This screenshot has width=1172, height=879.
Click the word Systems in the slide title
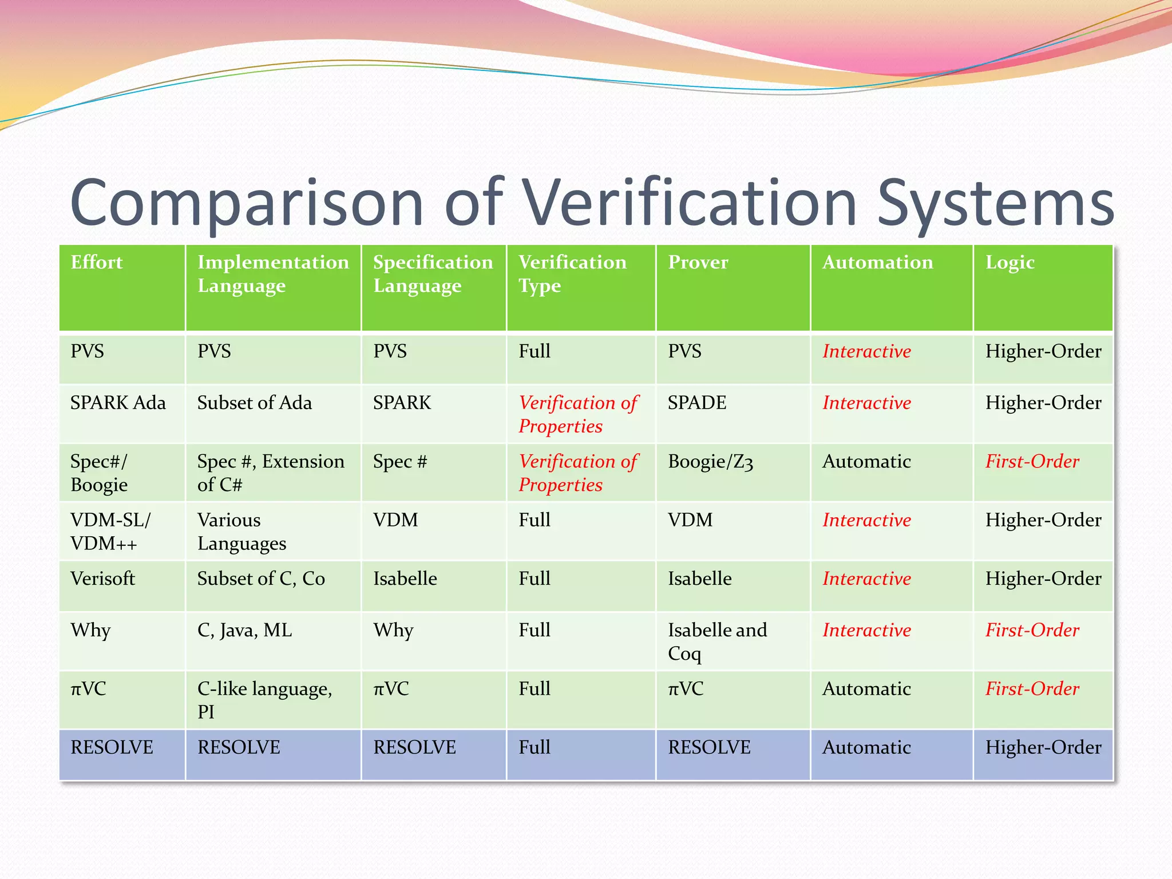click(x=995, y=203)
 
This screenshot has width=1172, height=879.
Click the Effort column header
click(x=96, y=262)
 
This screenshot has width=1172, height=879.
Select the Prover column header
click(x=698, y=262)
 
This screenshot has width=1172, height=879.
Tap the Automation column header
click(x=877, y=262)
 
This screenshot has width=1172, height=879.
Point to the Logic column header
click(x=1009, y=263)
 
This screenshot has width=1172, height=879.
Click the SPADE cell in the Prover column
click(x=696, y=403)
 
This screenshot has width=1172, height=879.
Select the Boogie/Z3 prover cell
click(x=710, y=462)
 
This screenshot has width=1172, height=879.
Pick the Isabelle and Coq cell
click(x=717, y=642)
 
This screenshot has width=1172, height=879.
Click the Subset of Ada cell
click(x=254, y=403)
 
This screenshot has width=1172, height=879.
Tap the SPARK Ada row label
click(x=118, y=403)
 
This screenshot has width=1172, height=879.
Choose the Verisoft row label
click(x=102, y=579)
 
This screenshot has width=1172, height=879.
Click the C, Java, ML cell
click(x=244, y=630)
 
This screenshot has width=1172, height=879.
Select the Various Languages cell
click(x=241, y=532)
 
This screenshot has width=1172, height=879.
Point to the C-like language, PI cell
click(x=264, y=700)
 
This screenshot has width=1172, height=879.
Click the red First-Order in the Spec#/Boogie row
click(x=1032, y=461)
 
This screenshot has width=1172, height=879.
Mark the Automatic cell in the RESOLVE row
click(x=866, y=747)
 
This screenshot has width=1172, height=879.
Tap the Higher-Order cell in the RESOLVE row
click(x=1043, y=747)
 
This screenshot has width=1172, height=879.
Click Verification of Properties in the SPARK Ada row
click(x=578, y=414)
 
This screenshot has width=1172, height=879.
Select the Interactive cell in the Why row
click(x=866, y=630)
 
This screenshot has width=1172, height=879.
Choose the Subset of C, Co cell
click(x=261, y=579)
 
